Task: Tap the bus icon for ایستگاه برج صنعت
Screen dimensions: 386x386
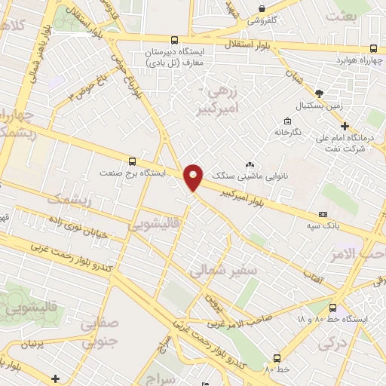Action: pyautogui.click(x=133, y=161)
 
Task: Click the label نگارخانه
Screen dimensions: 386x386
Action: pyautogui.click(x=287, y=132)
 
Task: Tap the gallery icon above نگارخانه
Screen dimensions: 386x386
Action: pyautogui.click(x=287, y=121)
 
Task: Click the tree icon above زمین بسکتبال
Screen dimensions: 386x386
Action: pyautogui.click(x=320, y=93)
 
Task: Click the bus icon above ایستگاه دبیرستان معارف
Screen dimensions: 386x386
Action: pyautogui.click(x=176, y=40)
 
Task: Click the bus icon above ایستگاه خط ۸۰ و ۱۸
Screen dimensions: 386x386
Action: pyautogui.click(x=332, y=307)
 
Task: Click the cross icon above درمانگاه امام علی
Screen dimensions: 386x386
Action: pyautogui.click(x=345, y=126)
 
